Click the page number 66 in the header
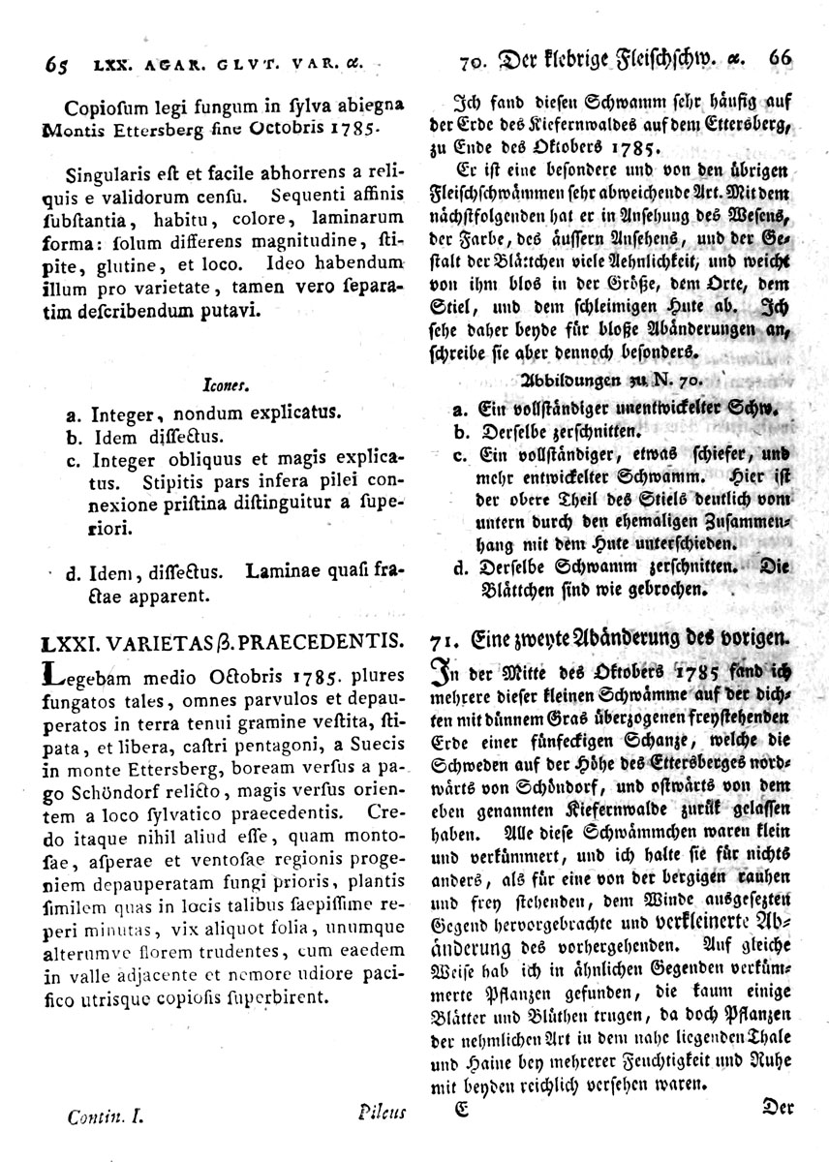pyautogui.click(x=781, y=57)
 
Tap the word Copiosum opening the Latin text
pyautogui.click(x=100, y=107)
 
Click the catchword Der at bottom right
pyautogui.click(x=778, y=1103)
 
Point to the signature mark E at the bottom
pyautogui.click(x=462, y=1110)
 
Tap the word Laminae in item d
pyautogui.click(x=287, y=572)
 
